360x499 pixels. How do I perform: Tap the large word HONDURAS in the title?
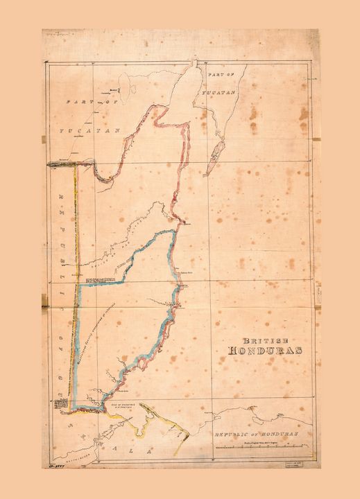(x=266, y=350)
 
